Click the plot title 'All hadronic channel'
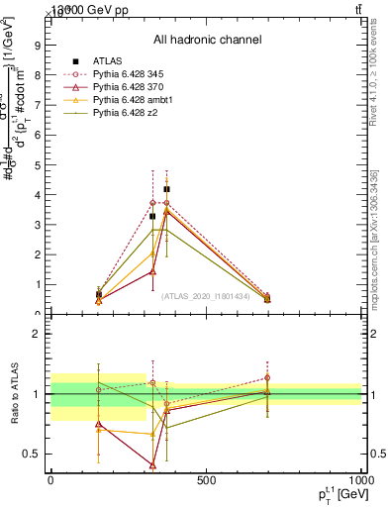pyautogui.click(x=207, y=41)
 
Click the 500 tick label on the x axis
pyautogui.click(x=206, y=480)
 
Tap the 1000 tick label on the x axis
pyautogui.click(x=358, y=480)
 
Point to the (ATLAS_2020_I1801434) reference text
pyautogui.click(x=207, y=296)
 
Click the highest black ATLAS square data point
pyautogui.click(x=166, y=189)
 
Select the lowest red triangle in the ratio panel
pyautogui.click(x=153, y=464)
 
